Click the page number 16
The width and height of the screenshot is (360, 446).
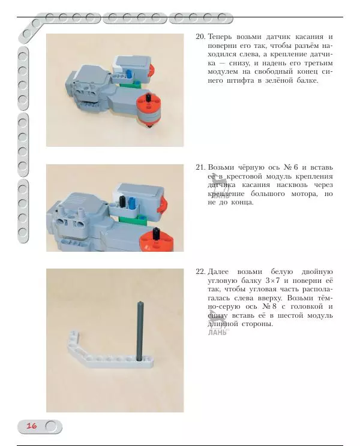32,426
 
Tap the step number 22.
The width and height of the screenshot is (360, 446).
200,272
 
